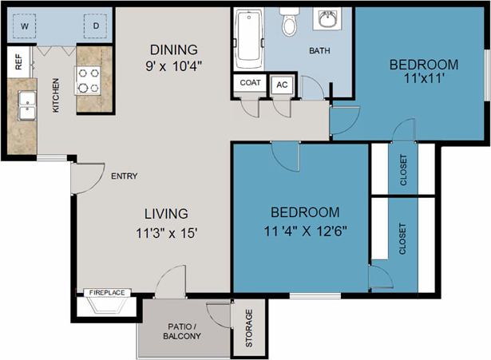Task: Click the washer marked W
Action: coord(25,26)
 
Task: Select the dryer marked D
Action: coord(96,26)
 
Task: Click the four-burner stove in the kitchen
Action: coord(87,79)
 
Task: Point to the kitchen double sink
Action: coord(26,103)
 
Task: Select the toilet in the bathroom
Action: coord(289,24)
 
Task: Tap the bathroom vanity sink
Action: coord(327,19)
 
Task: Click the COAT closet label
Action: coord(248,83)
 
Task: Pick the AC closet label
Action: coord(282,84)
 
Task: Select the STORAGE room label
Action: coord(247,327)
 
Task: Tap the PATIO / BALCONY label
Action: coord(184,331)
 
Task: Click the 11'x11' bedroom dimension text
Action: coord(423,79)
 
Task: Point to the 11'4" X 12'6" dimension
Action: coord(306,231)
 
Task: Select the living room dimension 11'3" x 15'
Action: coord(166,233)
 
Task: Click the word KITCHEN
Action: coord(56,96)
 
